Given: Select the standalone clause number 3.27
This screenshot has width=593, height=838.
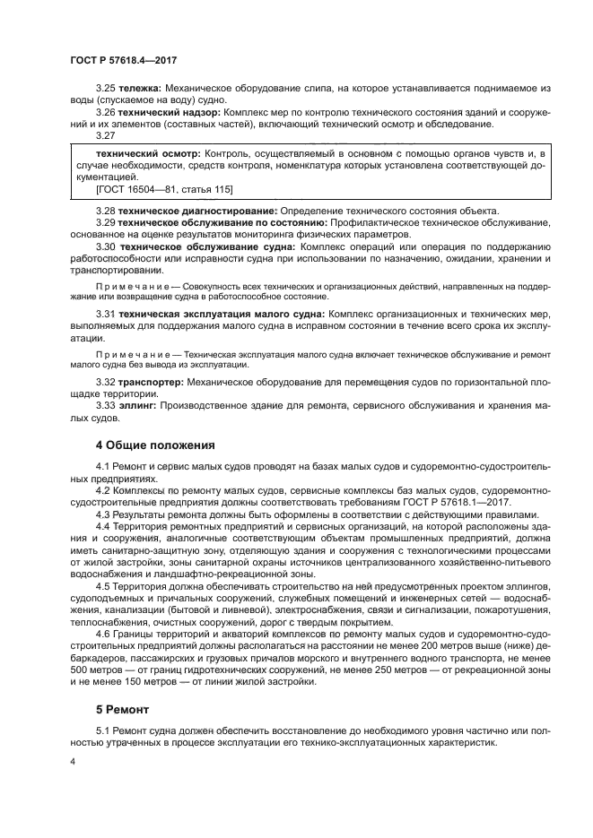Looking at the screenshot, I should pyautogui.click(x=106, y=134).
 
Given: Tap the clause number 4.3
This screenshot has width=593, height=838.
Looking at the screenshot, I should pyautogui.click(x=106, y=514).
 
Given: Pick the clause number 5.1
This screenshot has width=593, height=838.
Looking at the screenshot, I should pyautogui.click(x=106, y=732).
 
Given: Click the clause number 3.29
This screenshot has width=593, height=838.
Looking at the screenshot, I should pyautogui.click(x=106, y=221).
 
